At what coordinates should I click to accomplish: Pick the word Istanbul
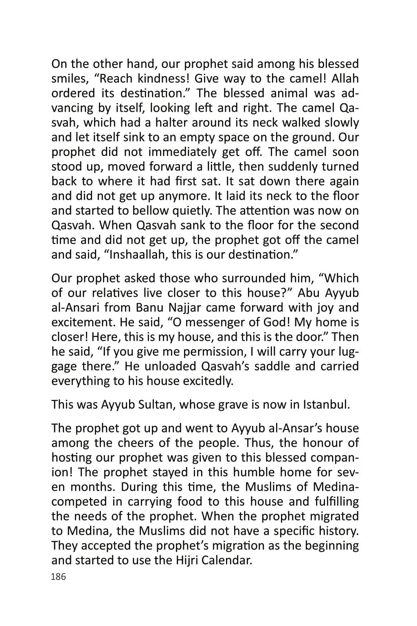tap(326, 404)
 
